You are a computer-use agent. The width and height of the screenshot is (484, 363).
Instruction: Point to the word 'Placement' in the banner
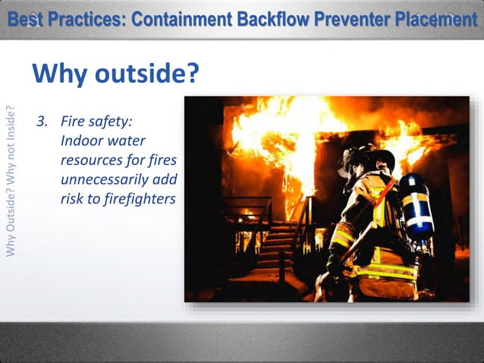(437, 19)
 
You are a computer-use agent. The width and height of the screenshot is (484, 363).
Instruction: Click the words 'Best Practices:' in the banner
(66, 19)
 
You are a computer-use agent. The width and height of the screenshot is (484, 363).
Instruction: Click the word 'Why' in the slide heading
(61, 74)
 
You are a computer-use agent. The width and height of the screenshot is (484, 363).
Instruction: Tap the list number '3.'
(43, 122)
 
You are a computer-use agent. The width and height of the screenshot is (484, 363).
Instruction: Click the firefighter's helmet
(368, 158)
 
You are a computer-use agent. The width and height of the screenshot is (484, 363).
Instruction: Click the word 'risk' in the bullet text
(74, 199)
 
